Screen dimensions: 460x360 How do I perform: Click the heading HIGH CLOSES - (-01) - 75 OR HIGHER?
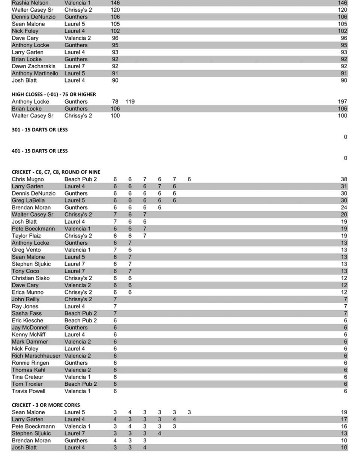coord(54,94)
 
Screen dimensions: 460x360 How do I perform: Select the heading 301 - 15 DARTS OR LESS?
coord(40,129)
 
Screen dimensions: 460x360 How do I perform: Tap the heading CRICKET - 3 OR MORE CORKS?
coord(46,405)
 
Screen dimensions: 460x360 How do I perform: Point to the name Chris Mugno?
coord(28,179)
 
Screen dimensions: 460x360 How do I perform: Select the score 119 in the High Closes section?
coord(130,102)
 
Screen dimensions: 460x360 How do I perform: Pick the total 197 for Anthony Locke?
coord(342,102)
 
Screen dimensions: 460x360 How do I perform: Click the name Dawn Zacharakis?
coord(33,66)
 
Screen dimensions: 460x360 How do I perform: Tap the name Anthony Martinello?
coord(35,74)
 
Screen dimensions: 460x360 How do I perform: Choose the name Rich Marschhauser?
coord(36,356)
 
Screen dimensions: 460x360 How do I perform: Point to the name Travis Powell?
coord(28,391)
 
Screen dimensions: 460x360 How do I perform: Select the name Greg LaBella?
coord(28,200)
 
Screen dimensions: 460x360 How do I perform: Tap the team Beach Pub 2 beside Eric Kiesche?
coord(81,320)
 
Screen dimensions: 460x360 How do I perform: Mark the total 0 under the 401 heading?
coord(345,158)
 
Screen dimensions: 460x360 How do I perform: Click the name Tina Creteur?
coord(27,377)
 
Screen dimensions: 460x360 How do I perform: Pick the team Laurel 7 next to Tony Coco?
coord(75,271)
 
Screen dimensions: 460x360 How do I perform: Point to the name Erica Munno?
coord(27,292)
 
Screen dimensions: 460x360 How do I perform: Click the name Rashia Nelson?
coord(30,3)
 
